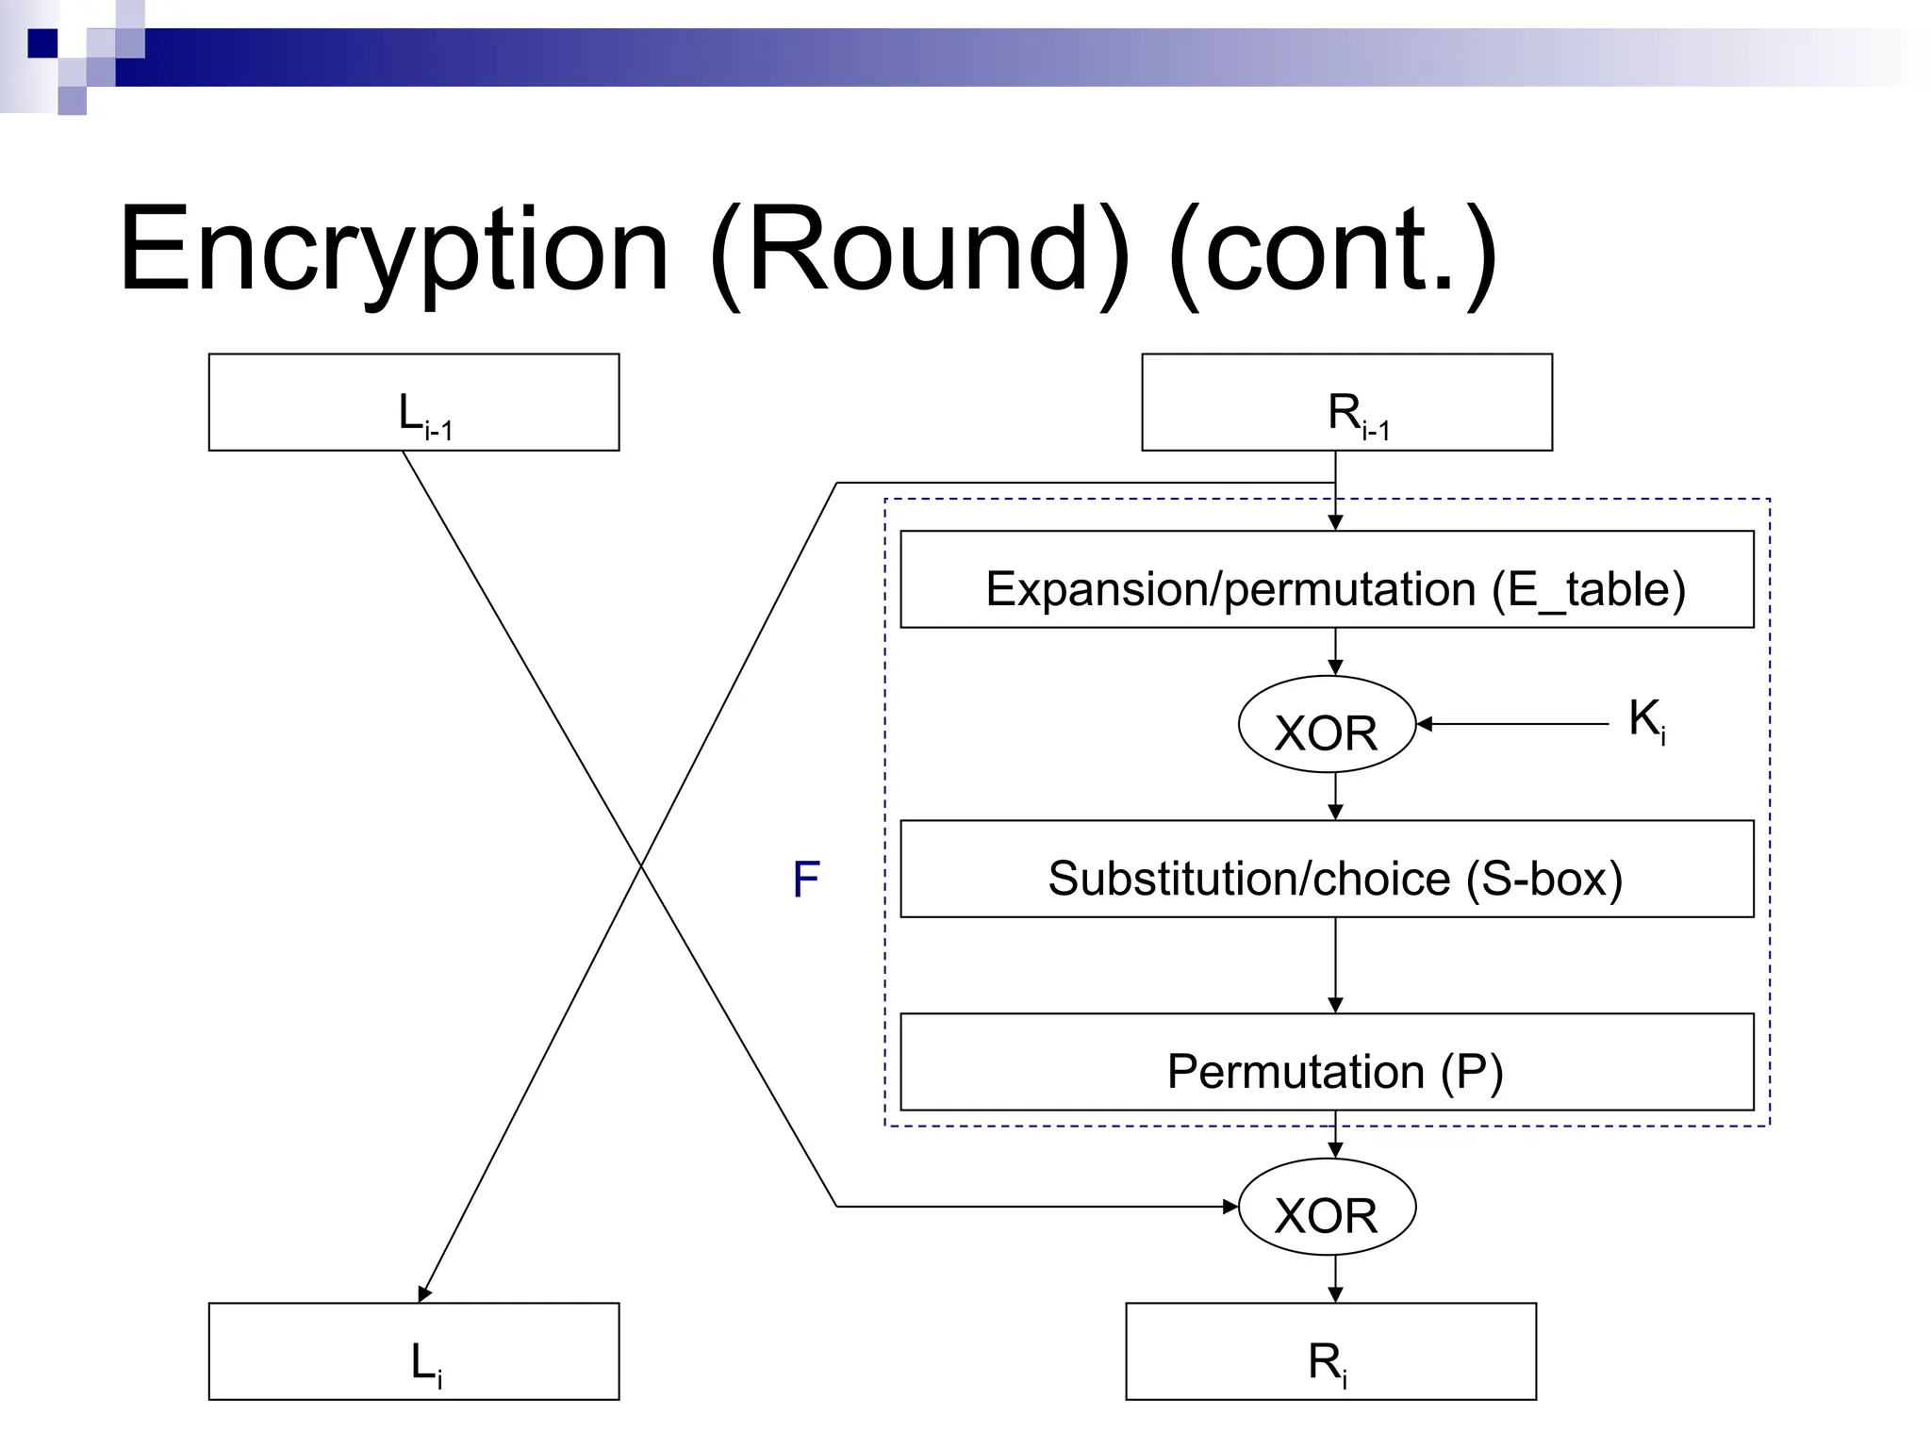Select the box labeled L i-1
(413, 403)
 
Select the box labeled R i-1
(1346, 403)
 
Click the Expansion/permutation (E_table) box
(1327, 580)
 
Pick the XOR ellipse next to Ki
(1327, 725)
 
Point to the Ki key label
(1646, 719)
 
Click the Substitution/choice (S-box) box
(1327, 869)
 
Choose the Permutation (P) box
(1327, 1062)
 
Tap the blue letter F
(806, 880)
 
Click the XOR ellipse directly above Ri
(1327, 1207)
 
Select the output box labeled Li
(413, 1351)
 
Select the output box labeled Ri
(1330, 1351)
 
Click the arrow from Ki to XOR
(1513, 724)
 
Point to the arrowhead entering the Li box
(424, 1294)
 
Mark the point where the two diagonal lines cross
(641, 864)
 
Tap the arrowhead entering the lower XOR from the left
(1230, 1207)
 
